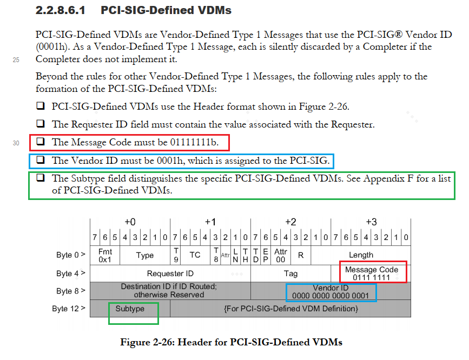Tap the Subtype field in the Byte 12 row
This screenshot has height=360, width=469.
(x=130, y=309)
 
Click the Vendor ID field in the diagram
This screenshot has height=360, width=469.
(x=330, y=291)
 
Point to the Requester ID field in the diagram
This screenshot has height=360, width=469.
(x=170, y=274)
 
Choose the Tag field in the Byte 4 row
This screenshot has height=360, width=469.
(x=290, y=274)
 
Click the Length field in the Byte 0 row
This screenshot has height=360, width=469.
(x=361, y=255)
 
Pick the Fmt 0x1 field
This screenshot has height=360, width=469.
(x=104, y=255)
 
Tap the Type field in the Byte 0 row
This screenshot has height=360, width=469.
(x=144, y=255)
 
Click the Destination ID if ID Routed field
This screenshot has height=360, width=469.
(x=169, y=291)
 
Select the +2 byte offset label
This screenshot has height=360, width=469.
(x=290, y=222)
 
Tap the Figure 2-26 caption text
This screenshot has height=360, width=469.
(x=232, y=342)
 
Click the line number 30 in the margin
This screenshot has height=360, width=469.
(x=16, y=143)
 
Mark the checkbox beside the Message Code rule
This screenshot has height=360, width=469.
(x=40, y=143)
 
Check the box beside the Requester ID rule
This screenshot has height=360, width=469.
(x=40, y=124)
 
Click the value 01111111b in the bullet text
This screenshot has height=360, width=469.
(x=194, y=143)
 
